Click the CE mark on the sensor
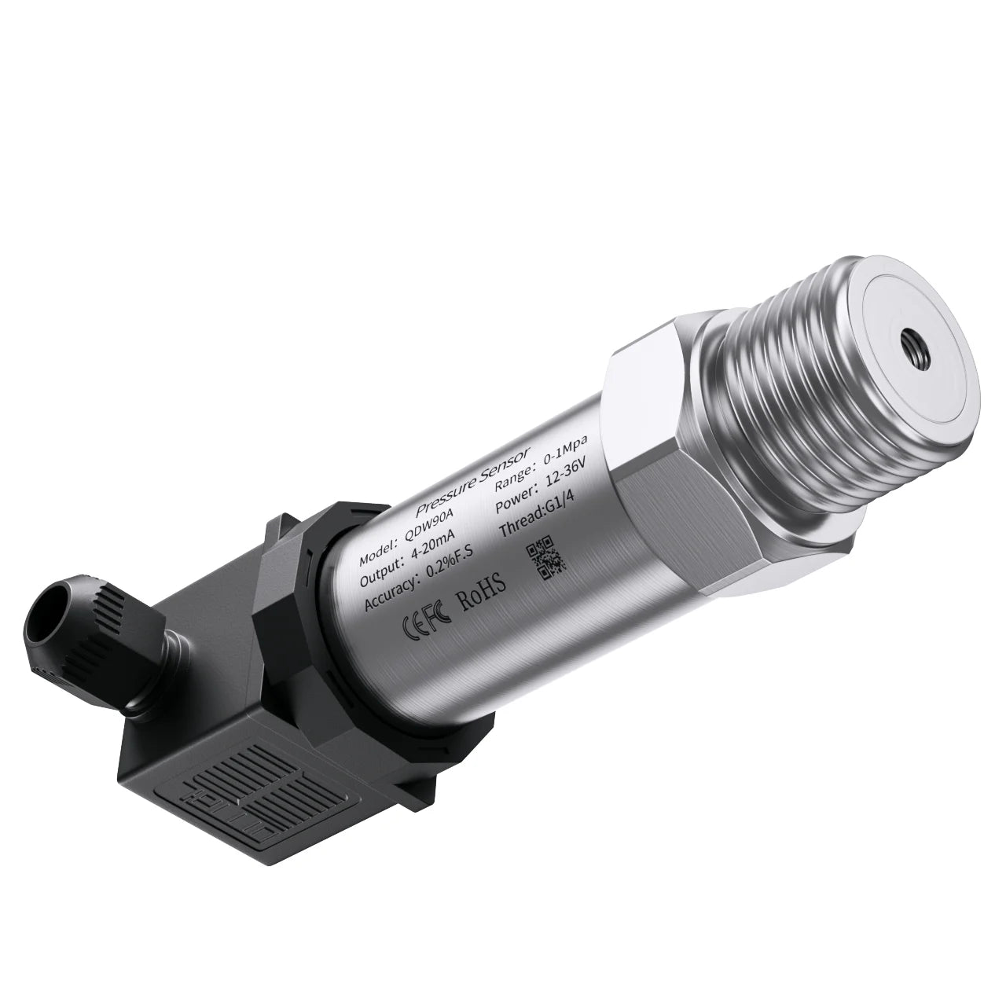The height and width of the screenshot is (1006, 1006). tap(414, 624)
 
